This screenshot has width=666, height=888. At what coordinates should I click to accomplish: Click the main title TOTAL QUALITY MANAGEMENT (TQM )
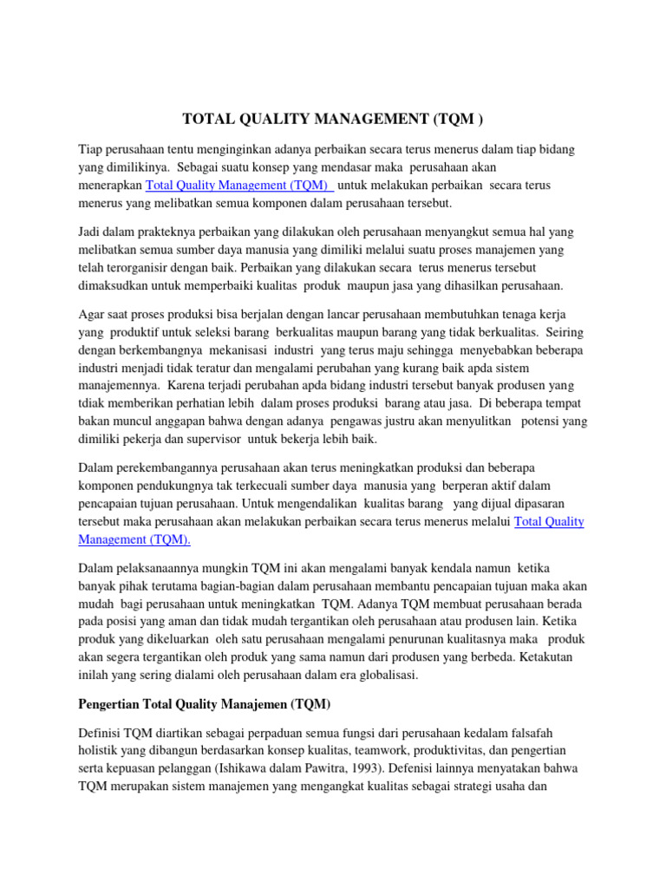[331, 119]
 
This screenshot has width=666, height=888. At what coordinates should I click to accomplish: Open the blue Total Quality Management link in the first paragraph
[240, 186]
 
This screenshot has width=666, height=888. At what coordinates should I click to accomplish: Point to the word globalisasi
[387, 675]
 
